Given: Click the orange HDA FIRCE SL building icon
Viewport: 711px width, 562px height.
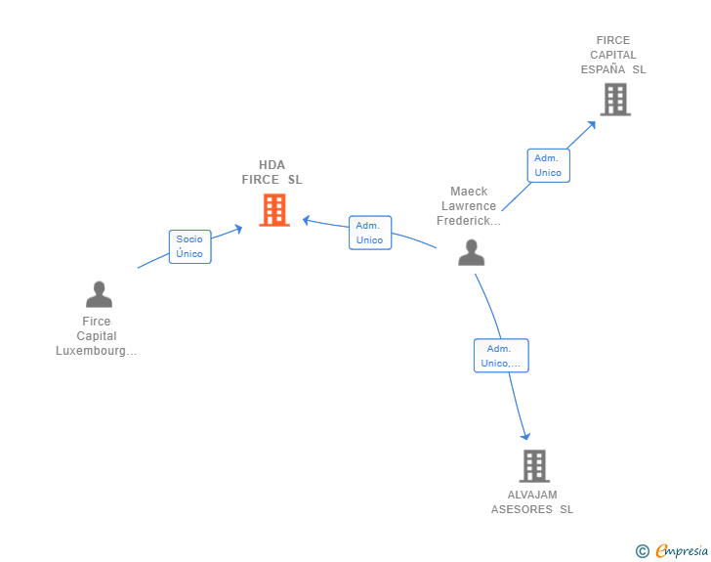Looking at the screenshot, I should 274,209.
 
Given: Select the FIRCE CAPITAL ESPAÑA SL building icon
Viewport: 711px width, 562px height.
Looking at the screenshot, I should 614,99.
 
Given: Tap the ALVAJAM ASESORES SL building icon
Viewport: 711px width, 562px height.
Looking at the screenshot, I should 533,466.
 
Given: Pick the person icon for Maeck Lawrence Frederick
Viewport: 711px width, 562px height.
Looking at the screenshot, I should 471,252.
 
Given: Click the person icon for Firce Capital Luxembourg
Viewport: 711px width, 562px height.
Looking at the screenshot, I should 99,293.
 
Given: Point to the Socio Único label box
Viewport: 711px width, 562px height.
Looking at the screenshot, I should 189,246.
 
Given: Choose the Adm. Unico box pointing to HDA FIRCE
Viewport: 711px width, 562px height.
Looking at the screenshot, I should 370,233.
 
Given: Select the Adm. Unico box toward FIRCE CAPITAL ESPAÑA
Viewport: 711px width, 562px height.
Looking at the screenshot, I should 548,165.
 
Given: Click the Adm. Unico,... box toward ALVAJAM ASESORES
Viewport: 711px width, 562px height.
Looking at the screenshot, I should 501,356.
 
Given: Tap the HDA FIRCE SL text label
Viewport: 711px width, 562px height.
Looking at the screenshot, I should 272,172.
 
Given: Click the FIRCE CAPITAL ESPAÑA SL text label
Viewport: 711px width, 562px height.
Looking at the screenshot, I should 613,56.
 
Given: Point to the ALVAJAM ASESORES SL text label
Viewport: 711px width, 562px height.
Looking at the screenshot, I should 532,501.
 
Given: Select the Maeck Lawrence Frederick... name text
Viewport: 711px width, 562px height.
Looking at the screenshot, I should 469,206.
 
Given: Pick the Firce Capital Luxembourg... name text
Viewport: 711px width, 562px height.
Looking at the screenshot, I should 97,336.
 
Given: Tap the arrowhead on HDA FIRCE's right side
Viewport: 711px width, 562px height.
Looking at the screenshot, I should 306,220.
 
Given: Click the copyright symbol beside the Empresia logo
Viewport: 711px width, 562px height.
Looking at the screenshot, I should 642,551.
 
